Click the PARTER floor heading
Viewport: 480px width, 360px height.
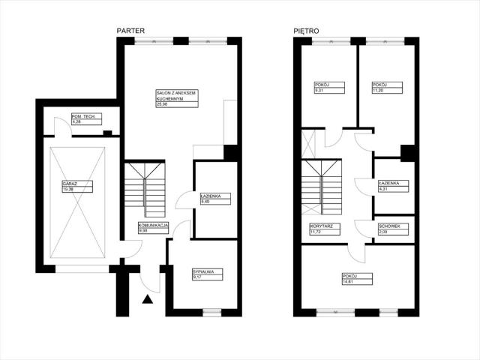pos(130,31)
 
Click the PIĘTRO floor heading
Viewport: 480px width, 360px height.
pos(307,31)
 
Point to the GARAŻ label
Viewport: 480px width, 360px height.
pos(73,185)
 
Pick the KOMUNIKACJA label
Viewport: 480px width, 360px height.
pos(154,228)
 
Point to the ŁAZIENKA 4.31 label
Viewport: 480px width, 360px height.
pos(394,185)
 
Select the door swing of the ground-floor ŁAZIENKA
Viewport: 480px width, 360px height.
pos(184,202)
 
